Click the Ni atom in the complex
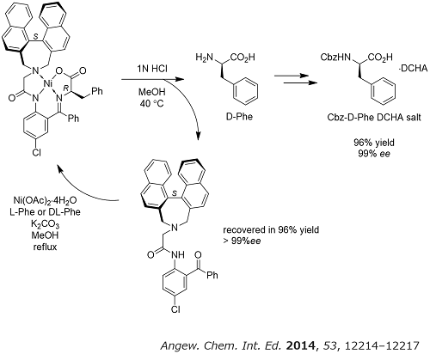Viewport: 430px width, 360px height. pos(48,84)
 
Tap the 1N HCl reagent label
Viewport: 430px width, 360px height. pos(152,69)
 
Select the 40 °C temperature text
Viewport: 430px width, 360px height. pos(152,103)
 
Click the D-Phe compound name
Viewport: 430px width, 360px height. pos(239,117)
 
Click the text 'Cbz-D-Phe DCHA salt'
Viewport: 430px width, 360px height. pos(374,118)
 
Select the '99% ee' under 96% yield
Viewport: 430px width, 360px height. pos(374,154)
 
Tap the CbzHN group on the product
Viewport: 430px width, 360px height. pos(335,58)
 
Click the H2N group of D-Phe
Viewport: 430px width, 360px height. pos(205,58)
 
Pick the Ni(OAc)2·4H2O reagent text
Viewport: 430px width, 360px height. pos(46,200)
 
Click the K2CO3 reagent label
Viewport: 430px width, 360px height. pos(45,224)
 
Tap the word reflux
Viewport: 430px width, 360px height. pos(45,247)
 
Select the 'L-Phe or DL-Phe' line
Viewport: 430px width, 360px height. pos(45,212)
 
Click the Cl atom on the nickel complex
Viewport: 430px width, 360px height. pos(36,153)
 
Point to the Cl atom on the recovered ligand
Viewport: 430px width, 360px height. pos(175,309)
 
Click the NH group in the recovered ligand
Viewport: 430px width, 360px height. pos(177,254)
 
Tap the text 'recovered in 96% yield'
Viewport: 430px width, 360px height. pos(271,230)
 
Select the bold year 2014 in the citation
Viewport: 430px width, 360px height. pos(300,346)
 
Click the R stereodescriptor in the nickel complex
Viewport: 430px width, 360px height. pos(65,89)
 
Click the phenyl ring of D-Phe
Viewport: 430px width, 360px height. pos(245,91)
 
